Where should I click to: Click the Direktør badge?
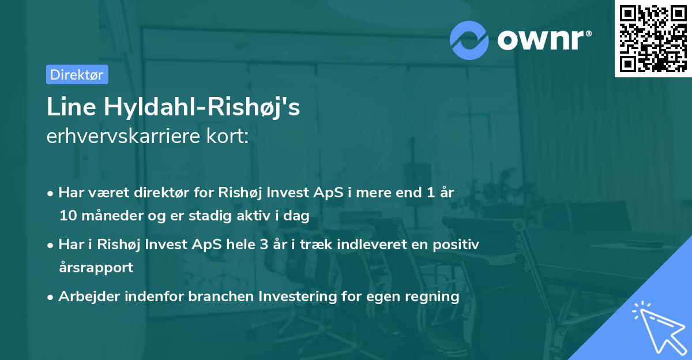[x=77, y=74]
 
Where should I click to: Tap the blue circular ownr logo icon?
[x=470, y=40]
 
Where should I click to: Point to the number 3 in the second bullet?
[x=264, y=244]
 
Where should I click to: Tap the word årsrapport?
[x=96, y=268]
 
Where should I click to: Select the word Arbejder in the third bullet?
[x=85, y=297]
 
